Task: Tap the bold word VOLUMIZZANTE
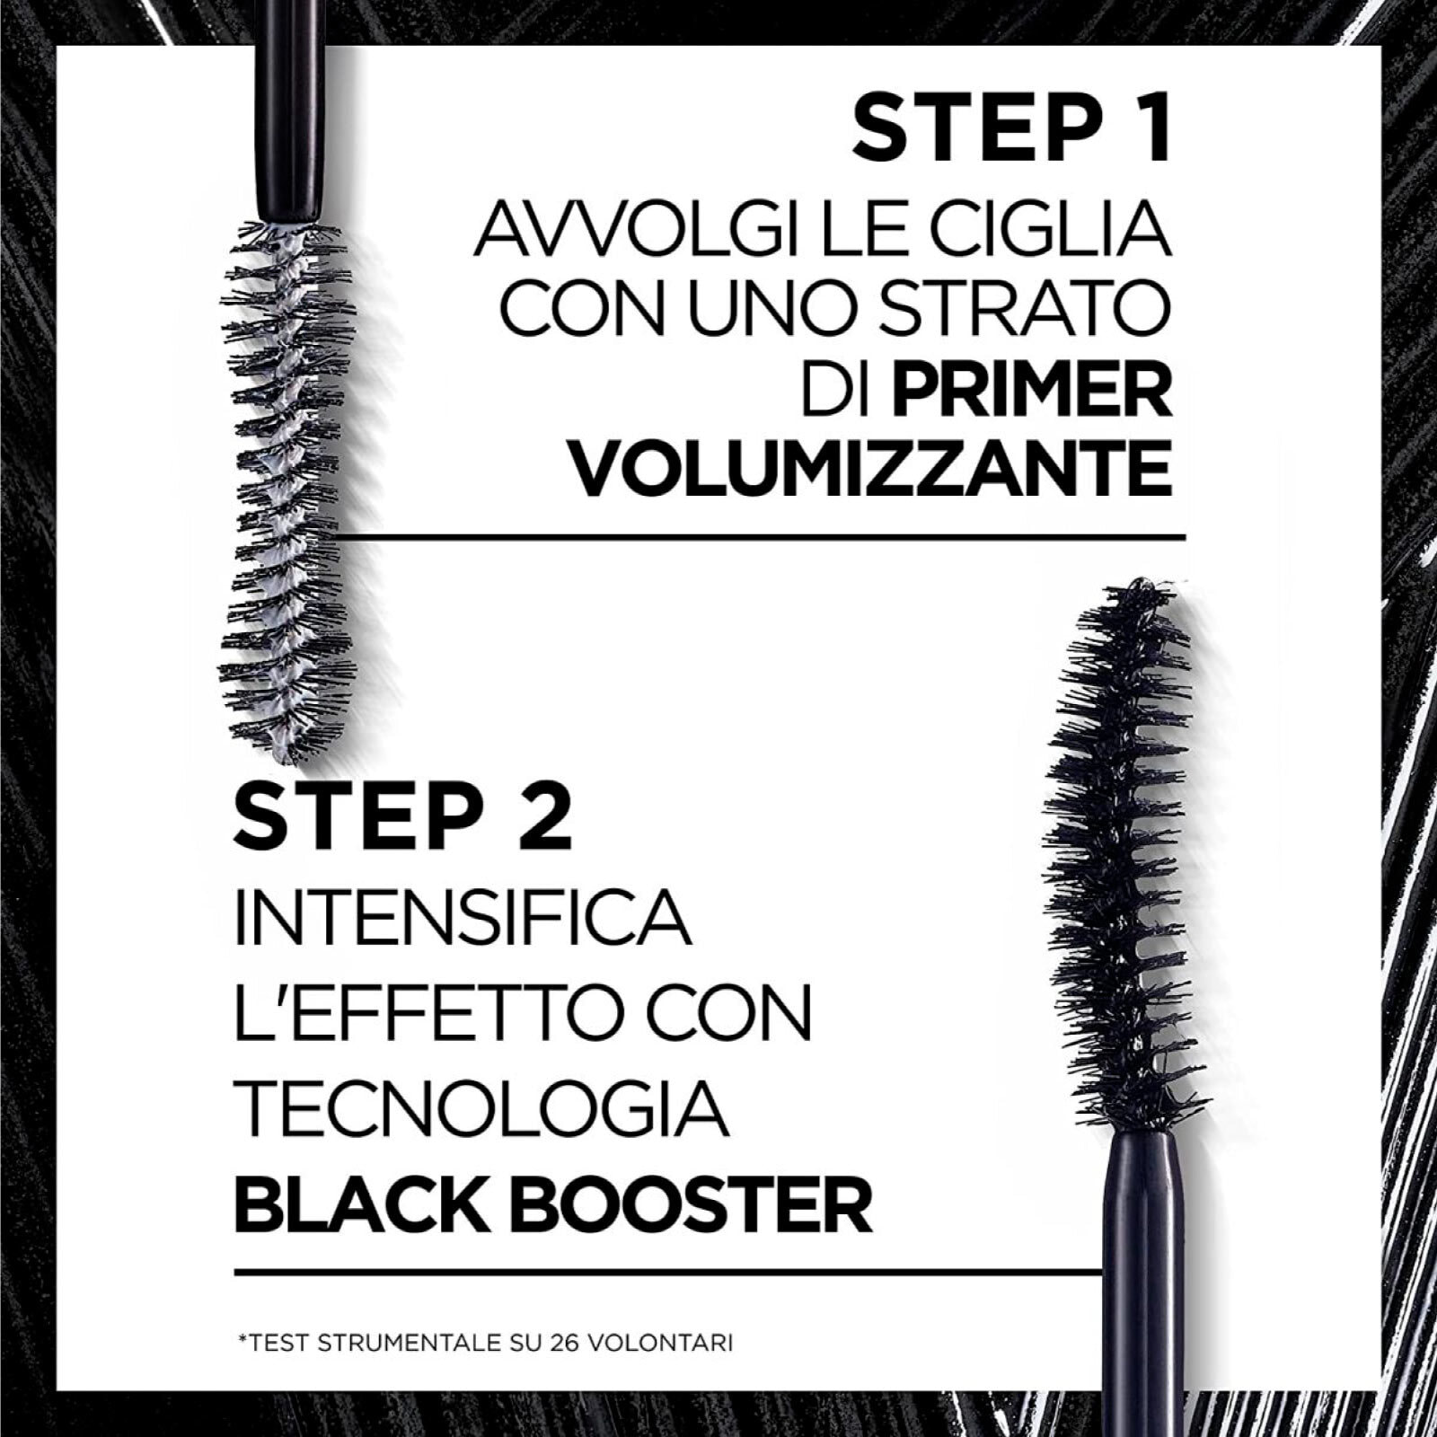click(872, 467)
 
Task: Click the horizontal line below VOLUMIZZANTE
click(763, 537)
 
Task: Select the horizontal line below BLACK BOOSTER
click(665, 1272)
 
